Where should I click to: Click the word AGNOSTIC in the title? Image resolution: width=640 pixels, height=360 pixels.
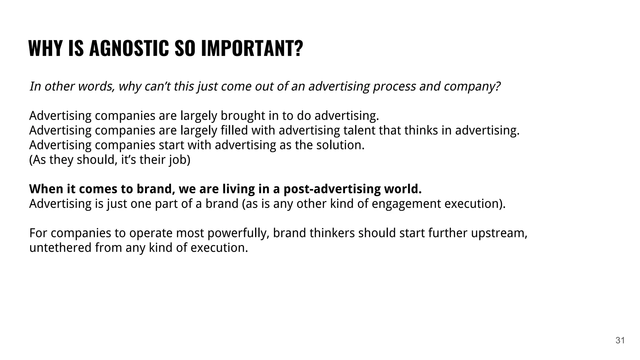click(129, 48)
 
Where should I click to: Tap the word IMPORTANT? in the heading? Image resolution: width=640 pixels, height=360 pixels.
click(252, 48)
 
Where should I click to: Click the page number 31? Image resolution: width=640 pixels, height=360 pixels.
click(620, 340)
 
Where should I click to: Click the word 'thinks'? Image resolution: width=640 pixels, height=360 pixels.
click(421, 130)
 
